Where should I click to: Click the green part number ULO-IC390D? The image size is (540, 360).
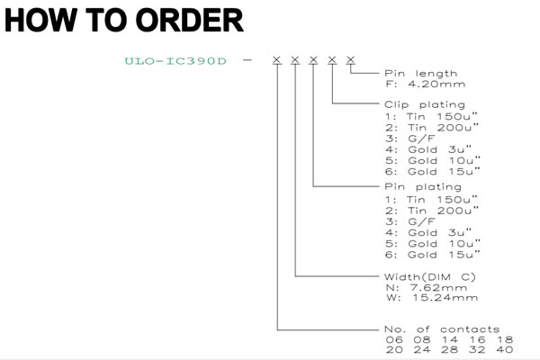click(x=175, y=61)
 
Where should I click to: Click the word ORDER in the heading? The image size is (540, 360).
click(x=189, y=21)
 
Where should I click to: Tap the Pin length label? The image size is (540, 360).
click(x=421, y=74)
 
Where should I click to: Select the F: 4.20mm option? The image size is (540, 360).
click(x=426, y=84)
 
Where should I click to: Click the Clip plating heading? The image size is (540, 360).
click(x=425, y=104)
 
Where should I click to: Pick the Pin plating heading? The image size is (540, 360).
click(x=423, y=187)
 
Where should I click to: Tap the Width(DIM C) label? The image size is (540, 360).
click(x=430, y=277)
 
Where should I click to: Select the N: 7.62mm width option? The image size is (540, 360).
click(x=427, y=288)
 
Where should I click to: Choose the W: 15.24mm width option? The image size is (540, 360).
click(x=432, y=298)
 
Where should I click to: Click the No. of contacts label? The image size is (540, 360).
click(x=442, y=329)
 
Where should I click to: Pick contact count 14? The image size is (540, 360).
click(x=450, y=339)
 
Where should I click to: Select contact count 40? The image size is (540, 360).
click(x=505, y=350)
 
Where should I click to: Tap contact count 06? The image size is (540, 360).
click(x=394, y=339)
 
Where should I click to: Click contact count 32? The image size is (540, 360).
click(x=477, y=350)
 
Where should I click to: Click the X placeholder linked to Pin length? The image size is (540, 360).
click(x=351, y=60)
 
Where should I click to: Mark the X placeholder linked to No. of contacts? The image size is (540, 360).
click(x=277, y=60)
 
